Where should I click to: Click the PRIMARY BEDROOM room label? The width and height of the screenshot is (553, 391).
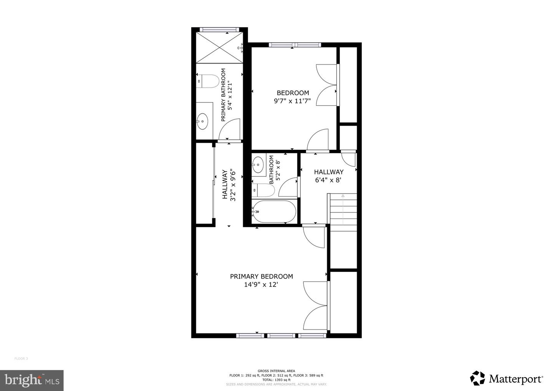pyautogui.click(x=262, y=277)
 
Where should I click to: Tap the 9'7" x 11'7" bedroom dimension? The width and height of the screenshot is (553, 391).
pyautogui.click(x=292, y=101)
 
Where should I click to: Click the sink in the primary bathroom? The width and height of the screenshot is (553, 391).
pyautogui.click(x=202, y=121)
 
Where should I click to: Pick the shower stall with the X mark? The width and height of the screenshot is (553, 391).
pyautogui.click(x=220, y=48)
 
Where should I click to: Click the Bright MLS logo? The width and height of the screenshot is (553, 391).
pyautogui.click(x=32, y=380)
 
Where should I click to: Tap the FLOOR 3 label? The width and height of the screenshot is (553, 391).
pyautogui.click(x=21, y=358)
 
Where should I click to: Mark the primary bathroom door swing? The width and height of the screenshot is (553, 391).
pyautogui.click(x=230, y=129)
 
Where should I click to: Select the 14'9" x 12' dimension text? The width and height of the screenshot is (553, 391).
pyautogui.click(x=262, y=285)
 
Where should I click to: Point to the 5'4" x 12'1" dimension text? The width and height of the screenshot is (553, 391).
pyautogui.click(x=230, y=95)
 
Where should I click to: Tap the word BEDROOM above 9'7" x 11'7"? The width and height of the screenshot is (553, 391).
pyautogui.click(x=293, y=93)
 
